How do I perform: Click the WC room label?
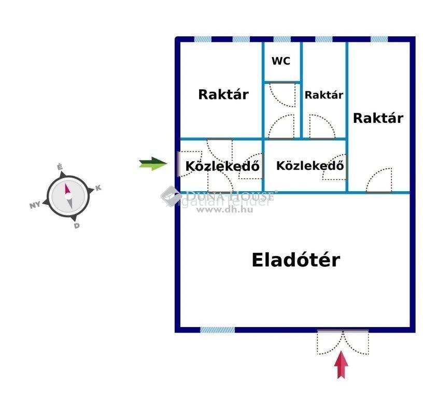point(281,61)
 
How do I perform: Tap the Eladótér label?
point(296,260)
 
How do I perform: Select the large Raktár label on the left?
point(223,95)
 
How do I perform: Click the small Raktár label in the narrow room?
point(324,95)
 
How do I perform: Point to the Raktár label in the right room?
point(378,118)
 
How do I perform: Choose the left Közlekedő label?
point(222,167)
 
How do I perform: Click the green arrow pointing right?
point(153,164)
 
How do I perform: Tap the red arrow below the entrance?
point(341,365)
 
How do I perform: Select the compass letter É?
point(60,167)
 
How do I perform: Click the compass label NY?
point(35,205)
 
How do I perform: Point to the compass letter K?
point(98,188)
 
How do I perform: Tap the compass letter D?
point(77,225)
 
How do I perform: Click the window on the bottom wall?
point(217,330)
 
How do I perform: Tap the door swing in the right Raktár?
point(379,181)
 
